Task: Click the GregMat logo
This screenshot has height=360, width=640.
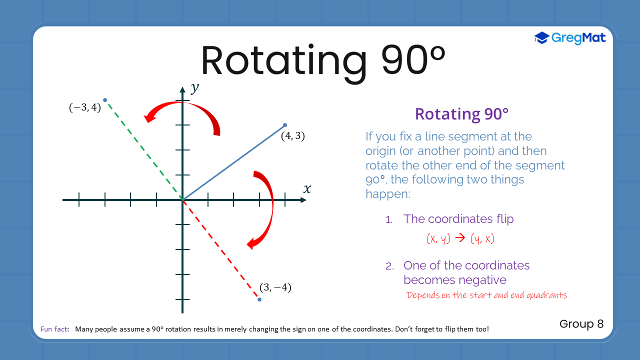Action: pos(570,37)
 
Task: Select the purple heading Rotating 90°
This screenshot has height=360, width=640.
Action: pos(461,114)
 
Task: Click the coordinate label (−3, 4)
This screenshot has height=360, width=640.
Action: pos(84,107)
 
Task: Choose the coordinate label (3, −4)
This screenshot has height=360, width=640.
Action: pos(275,287)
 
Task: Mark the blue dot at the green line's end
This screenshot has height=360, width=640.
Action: pos(105,100)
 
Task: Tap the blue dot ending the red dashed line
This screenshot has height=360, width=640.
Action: pos(259,299)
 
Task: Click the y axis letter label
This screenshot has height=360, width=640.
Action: pos(195,88)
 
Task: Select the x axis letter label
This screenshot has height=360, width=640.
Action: pos(307,189)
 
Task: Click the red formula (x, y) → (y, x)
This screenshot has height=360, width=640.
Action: pos(460,239)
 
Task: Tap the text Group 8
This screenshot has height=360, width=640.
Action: pos(581,324)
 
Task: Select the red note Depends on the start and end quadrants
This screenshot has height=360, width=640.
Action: pos(486,295)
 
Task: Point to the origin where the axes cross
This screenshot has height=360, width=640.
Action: pos(182,200)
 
